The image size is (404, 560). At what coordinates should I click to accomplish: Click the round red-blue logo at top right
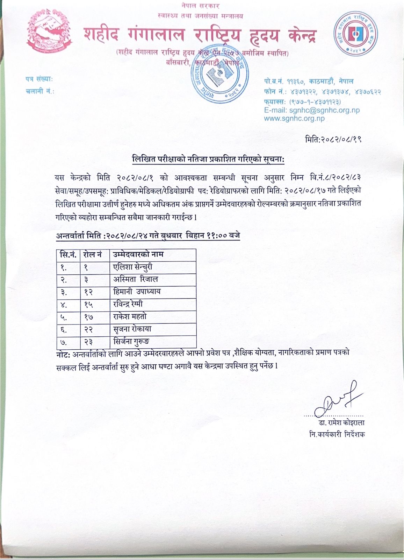[355, 35]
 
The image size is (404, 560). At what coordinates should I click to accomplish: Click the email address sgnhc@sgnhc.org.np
[312, 110]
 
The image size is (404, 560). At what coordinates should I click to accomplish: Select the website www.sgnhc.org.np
[294, 118]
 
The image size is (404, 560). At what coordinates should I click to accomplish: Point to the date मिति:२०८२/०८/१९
[333, 139]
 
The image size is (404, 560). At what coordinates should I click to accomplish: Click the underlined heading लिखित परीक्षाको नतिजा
[208, 159]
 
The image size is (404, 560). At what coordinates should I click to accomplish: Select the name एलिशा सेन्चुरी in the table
[133, 267]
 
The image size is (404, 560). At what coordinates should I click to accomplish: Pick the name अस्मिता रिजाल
[136, 279]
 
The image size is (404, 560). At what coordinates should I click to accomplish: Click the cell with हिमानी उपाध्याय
[137, 292]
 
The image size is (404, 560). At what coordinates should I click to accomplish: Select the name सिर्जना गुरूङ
[131, 341]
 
